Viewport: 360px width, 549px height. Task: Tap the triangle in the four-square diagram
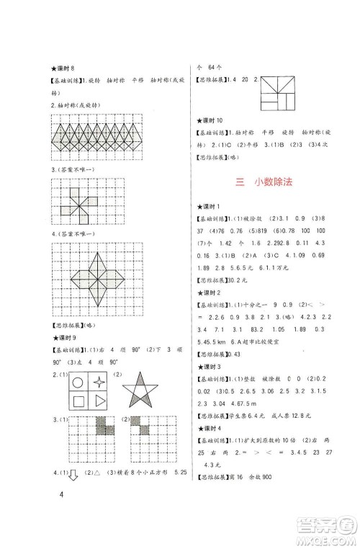click(x=101, y=403)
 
